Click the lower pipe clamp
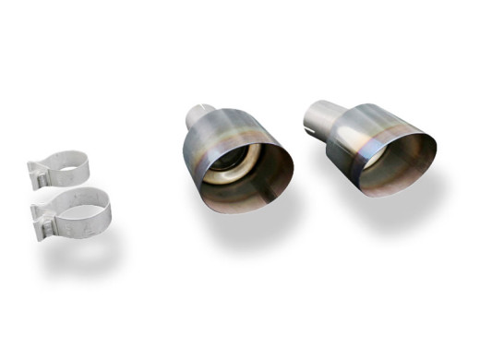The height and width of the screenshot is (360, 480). pos(74,213)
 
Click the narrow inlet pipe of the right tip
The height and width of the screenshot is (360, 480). pos(318,113)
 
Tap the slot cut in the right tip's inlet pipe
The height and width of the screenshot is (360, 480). pos(310,117)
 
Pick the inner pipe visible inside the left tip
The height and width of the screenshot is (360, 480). pos(231,171)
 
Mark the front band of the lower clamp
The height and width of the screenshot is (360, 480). pos(78,226)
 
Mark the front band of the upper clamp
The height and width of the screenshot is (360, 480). pos(69,180)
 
